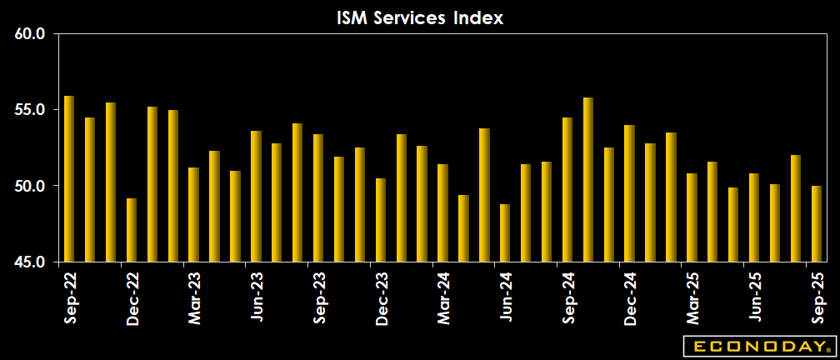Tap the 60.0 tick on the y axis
pos(31,34)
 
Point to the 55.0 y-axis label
pos(31,110)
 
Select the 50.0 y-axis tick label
pos(31,186)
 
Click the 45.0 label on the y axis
pos(31,262)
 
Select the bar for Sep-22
pos(69,179)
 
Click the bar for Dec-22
pos(132,230)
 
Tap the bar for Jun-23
pos(256,197)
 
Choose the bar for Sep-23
pos(318,198)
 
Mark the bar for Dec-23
pos(380,220)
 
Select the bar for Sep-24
pos(567,190)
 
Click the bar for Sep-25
pos(817,223)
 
